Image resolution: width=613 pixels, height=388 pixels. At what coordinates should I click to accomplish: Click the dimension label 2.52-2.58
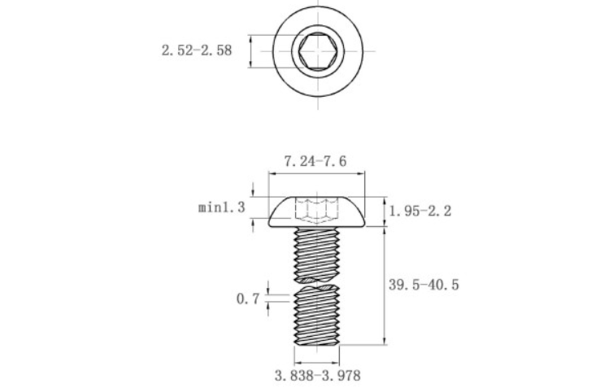click(197, 50)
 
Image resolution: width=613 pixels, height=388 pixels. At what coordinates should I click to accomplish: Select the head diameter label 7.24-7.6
click(315, 161)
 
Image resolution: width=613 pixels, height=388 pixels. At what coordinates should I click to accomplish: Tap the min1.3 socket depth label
click(222, 207)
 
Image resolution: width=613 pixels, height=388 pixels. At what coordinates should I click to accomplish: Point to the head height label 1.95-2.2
click(420, 211)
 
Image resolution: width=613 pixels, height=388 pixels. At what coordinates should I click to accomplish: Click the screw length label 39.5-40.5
click(424, 285)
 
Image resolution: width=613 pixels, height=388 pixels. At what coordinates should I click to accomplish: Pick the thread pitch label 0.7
click(248, 299)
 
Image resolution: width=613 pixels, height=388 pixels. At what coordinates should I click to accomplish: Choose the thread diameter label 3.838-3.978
click(317, 376)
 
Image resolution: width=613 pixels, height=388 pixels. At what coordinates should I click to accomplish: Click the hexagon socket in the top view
click(318, 51)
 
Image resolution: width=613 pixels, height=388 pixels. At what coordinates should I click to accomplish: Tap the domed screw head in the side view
click(317, 211)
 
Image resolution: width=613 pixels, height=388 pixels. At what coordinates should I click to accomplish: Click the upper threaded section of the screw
click(317, 255)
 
